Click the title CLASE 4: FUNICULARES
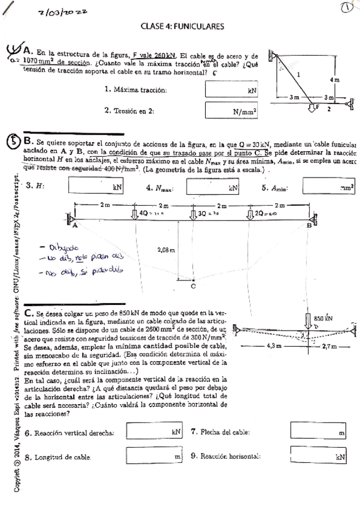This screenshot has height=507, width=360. (182, 26)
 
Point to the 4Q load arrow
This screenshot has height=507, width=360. (135, 213)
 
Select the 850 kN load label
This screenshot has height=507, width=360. (323, 318)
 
